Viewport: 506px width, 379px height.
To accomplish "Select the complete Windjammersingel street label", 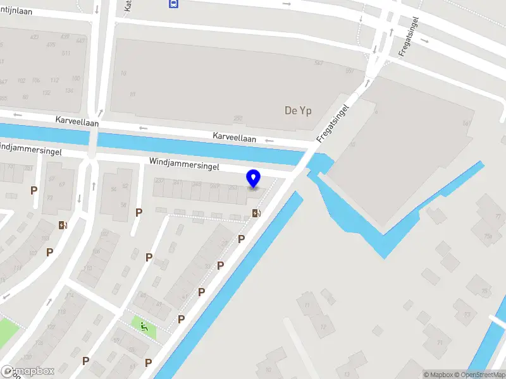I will pos(184,164).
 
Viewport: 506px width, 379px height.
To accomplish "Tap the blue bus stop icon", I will pos(173,3).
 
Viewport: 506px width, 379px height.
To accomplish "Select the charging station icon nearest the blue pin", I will pos(256,213).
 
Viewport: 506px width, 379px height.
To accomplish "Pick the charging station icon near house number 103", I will pos(63,224).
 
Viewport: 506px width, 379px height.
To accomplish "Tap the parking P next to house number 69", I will pos(34,190).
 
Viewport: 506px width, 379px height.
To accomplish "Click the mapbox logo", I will pos(27,371).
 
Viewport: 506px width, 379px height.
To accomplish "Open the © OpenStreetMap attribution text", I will pos(478,375).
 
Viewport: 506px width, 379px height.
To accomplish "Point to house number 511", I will pos(66,53).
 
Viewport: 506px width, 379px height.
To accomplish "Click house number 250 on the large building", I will pos(238,118).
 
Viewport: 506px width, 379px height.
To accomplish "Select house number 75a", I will pos(488,236).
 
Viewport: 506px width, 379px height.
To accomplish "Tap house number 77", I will pos(498,217).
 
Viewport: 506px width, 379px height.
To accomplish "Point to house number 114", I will pos(70,296).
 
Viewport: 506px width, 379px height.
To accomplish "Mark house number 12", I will pos(323,327).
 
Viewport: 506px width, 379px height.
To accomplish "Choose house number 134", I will pos(69,90).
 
